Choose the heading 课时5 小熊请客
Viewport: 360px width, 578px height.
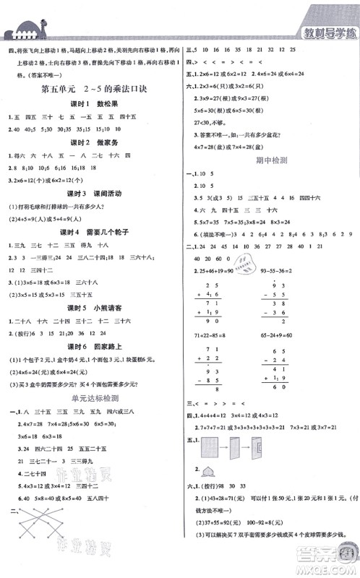point(90,308)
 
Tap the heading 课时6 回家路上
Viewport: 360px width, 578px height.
point(90,345)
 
